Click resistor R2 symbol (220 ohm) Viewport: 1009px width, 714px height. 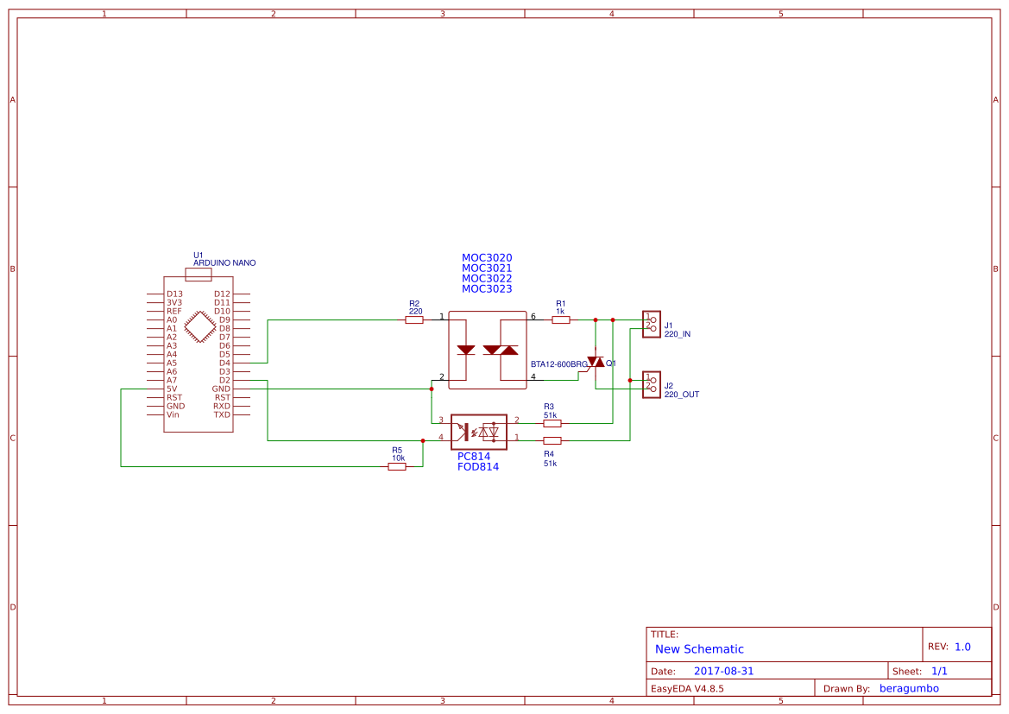coord(414,319)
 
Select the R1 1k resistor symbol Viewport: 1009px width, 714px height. coord(561,319)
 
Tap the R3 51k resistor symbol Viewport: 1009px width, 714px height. coord(552,424)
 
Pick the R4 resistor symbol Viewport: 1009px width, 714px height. coord(552,440)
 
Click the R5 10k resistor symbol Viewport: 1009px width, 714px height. coord(397,466)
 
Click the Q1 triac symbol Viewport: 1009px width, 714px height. coord(596,362)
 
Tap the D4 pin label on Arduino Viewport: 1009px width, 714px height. coord(224,363)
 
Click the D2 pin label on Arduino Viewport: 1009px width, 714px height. coord(224,380)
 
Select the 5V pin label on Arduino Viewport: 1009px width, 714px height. coord(172,389)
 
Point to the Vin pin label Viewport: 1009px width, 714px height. coord(173,414)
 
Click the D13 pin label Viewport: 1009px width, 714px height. coord(174,294)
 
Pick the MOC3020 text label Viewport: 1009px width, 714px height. coord(487,258)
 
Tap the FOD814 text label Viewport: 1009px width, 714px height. coord(478,466)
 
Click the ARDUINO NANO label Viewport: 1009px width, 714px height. coord(224,263)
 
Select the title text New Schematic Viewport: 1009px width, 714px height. coord(699,649)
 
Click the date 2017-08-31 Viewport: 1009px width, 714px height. coord(723,671)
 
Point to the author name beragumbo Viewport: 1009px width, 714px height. coord(909,688)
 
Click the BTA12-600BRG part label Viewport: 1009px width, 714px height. coord(559,364)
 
